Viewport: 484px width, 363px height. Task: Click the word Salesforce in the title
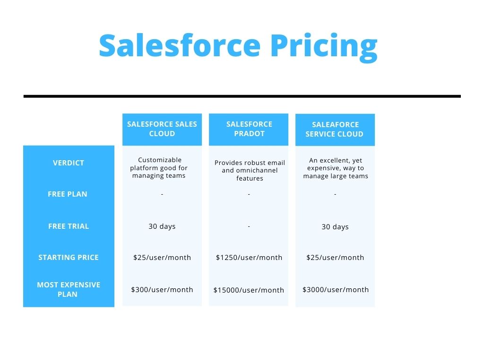coord(180,45)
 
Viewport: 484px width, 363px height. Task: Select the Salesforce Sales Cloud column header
coord(162,129)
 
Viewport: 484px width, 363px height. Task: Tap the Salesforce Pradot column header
coord(249,129)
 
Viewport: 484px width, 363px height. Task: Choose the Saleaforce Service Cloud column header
coord(335,130)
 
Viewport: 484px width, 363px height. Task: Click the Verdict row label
coord(69,163)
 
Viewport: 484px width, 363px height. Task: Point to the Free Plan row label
coord(68,194)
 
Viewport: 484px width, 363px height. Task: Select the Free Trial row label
coord(69,226)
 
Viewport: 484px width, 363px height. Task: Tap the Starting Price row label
coord(69,258)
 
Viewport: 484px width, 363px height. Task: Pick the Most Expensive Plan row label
coord(69,290)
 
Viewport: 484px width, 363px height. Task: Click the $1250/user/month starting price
coord(249,258)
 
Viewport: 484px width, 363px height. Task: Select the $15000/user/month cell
coord(249,290)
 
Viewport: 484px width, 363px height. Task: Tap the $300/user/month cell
coord(162,290)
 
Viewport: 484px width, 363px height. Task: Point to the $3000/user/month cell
coord(336,290)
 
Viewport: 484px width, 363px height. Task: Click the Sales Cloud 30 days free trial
coord(162,226)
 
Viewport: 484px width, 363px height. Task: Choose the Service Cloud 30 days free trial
coord(335,227)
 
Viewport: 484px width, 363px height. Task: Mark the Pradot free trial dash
coord(249,226)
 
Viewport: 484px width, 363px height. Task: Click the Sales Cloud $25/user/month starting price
coord(162,258)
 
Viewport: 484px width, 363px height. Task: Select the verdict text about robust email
coord(250,170)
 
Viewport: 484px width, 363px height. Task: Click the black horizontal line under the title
coord(242,96)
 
